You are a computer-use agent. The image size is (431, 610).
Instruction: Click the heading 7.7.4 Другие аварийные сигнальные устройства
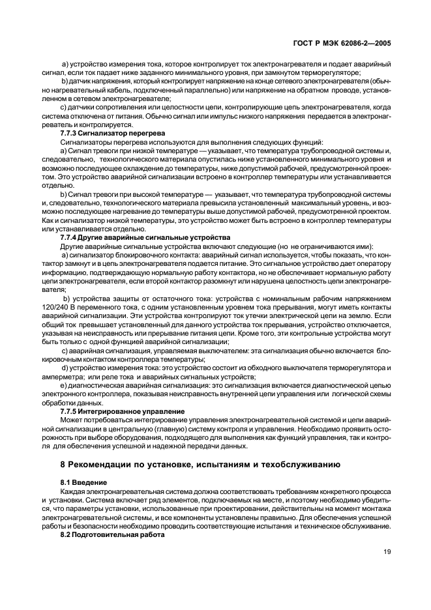pos(145,238)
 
